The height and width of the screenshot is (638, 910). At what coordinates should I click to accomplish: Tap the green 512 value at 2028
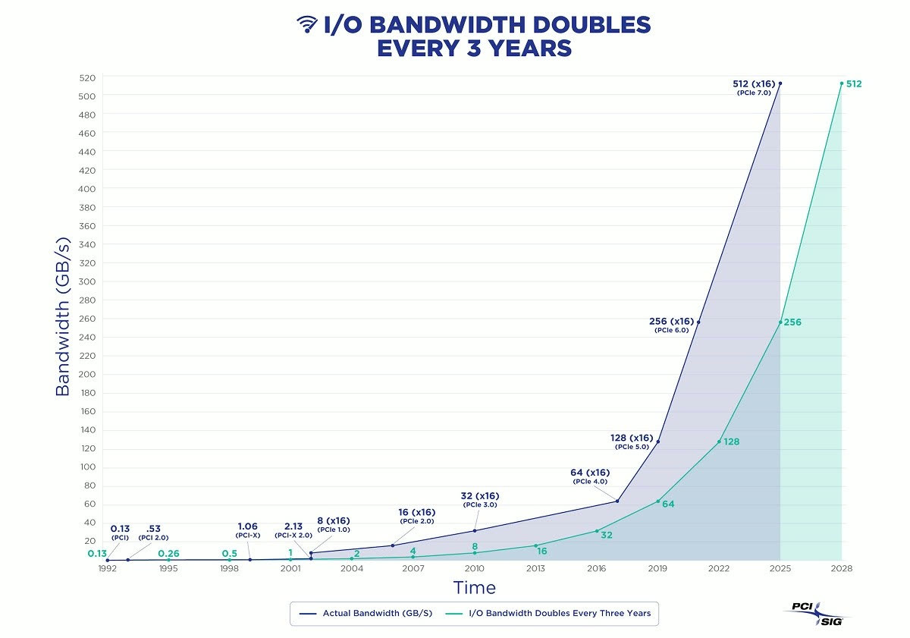tap(854, 83)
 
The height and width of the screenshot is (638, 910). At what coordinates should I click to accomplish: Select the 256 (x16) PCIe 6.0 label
tap(672, 325)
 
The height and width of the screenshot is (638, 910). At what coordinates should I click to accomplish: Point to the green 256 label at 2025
tap(792, 322)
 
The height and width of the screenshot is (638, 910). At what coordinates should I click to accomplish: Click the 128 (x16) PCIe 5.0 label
tap(631, 442)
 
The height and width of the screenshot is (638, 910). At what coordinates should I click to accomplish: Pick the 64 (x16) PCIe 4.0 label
tap(590, 476)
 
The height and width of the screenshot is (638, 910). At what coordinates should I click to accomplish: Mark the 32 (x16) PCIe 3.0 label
tap(479, 500)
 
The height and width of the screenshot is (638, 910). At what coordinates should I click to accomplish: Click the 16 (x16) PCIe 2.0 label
tap(417, 516)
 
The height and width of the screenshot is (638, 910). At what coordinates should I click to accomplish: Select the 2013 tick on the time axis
tap(535, 568)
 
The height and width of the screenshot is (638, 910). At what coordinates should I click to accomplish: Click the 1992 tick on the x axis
tap(108, 568)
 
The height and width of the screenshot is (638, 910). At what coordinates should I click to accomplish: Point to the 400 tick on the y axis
tap(88, 188)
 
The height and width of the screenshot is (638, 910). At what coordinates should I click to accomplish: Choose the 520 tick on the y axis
tap(88, 77)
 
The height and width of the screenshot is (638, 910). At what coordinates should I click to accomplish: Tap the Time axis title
tap(475, 588)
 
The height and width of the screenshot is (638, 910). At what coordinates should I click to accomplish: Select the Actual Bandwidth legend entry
tap(368, 613)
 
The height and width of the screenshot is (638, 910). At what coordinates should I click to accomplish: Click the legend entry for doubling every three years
tap(555, 613)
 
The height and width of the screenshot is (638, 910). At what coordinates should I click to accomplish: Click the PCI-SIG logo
tap(815, 612)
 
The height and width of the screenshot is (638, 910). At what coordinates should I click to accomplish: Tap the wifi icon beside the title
tap(307, 24)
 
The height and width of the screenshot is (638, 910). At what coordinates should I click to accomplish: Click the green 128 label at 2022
tap(731, 442)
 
